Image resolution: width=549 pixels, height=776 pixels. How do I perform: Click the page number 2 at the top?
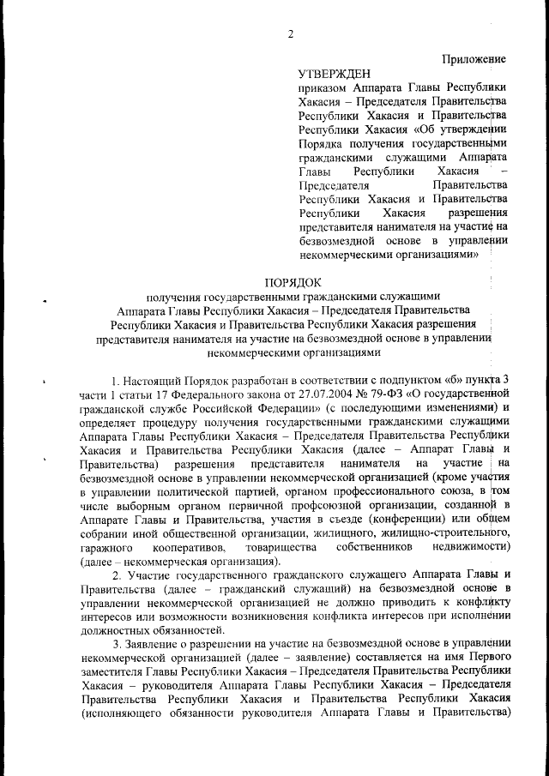coord(291,34)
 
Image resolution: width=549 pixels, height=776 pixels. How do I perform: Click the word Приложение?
coord(474,58)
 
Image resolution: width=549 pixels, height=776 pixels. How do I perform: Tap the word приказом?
coord(323,88)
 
